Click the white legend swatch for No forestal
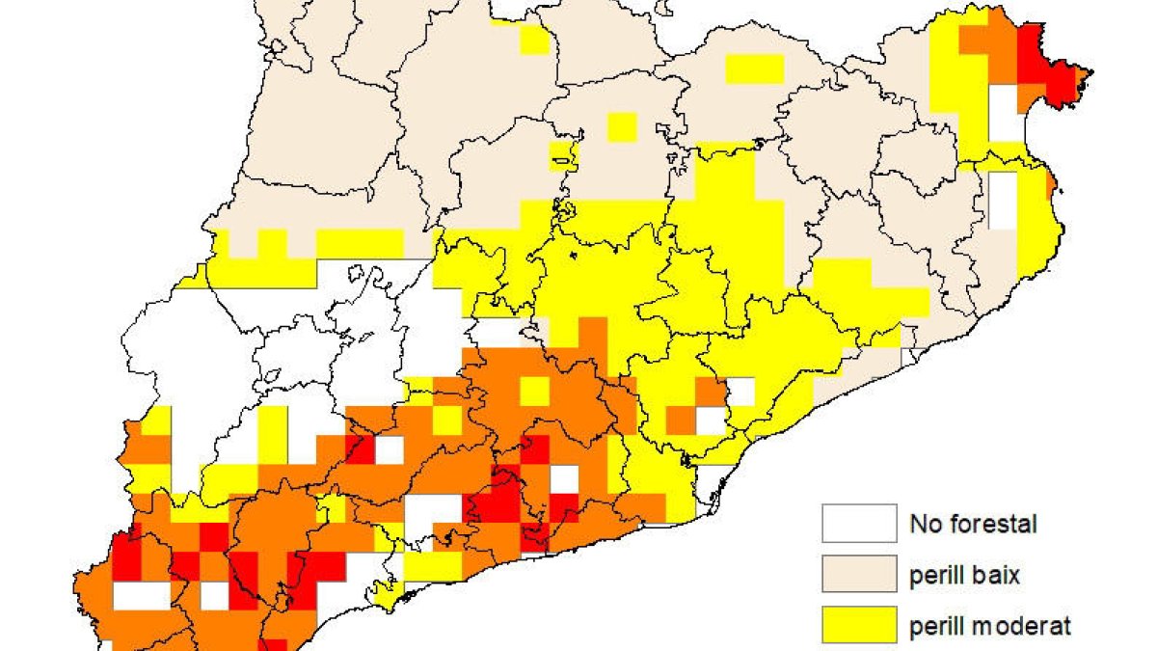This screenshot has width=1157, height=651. click(859, 524)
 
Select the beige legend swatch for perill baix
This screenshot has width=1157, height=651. click(859, 575)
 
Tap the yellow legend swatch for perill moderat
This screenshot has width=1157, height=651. click(859, 625)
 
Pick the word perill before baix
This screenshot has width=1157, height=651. click(934, 577)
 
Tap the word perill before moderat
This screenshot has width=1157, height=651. click(934, 627)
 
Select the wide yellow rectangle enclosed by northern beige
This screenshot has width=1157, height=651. click(754, 68)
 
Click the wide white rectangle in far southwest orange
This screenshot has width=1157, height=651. click(141, 595)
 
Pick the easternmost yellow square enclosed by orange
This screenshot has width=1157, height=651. click(535, 391)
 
